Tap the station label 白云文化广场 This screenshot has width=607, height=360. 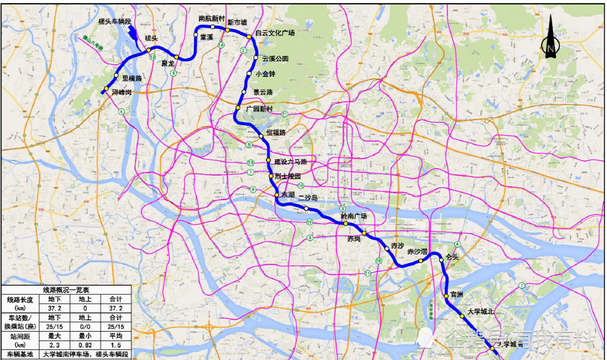click(275, 33)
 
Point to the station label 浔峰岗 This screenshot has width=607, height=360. click(121, 93)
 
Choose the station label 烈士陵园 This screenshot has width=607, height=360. click(288, 176)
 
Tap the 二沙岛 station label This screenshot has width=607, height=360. click(308, 198)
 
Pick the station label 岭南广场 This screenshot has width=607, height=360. click(354, 216)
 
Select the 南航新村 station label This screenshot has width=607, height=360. click(211, 19)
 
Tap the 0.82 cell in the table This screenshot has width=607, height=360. click(84, 344)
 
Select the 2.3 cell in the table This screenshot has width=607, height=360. click(53, 344)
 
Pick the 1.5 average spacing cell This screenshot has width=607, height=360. click(114, 344)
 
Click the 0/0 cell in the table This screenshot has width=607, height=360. click(84, 327)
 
